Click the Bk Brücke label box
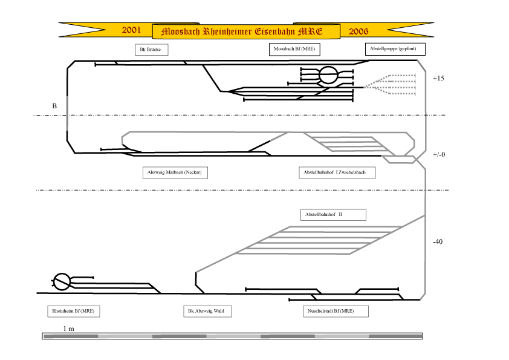pos(152,50)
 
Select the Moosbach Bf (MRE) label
pos(294,50)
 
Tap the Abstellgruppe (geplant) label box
pos(395,49)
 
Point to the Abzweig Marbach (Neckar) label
pos(175,172)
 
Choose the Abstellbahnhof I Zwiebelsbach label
pos(337,172)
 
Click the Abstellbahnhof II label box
pos(333,215)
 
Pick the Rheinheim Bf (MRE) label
pos(73,311)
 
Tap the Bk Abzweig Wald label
pos(207,311)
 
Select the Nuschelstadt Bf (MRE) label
pos(336,311)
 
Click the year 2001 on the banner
pos(131,30)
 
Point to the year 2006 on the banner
pos(358,31)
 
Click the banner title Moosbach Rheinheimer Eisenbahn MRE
pos(242,31)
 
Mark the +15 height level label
pos(438,78)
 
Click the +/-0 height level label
pos(438,155)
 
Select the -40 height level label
pos(438,242)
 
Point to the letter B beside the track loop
pos(54,106)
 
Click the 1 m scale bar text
pos(68,329)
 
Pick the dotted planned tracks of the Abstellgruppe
pos(389,85)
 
